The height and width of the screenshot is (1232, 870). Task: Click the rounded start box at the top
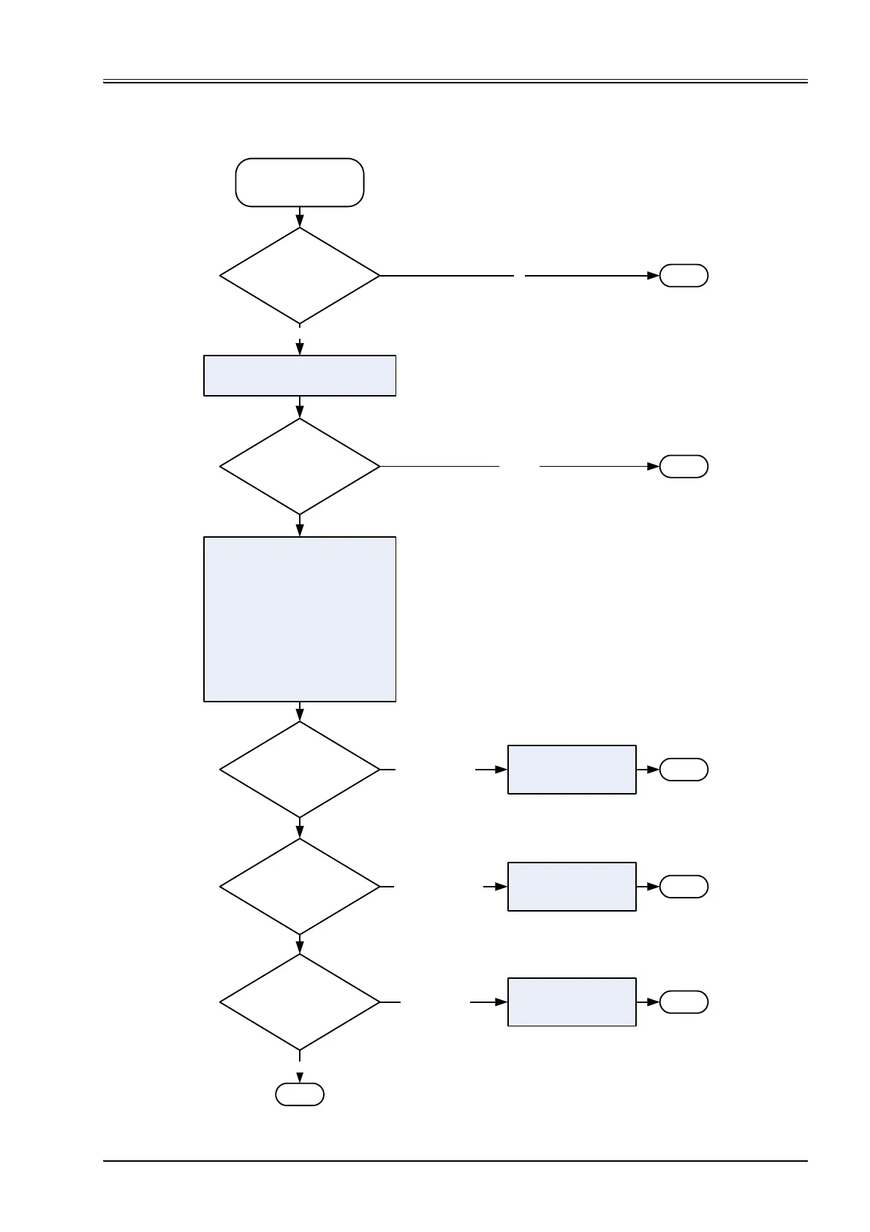point(299,182)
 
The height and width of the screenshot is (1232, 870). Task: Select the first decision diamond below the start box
point(299,276)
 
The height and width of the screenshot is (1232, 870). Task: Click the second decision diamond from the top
point(299,466)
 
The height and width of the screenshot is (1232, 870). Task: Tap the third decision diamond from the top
point(299,770)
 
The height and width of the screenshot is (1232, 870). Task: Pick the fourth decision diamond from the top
point(299,886)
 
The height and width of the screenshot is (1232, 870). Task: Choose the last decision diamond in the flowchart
point(299,1002)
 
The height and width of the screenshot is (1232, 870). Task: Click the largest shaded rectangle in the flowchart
point(299,619)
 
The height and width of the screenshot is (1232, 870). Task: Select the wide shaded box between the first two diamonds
point(299,375)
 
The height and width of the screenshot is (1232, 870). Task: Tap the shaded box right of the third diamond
point(572,770)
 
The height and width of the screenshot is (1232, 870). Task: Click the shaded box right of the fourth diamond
point(572,886)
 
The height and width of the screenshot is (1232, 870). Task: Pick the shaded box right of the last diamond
point(572,1002)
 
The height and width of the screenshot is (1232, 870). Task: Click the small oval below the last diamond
point(299,1094)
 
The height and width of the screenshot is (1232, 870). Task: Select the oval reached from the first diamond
point(684,276)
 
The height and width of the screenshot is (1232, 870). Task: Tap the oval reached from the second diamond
point(684,466)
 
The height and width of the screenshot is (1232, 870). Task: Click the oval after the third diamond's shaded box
point(684,770)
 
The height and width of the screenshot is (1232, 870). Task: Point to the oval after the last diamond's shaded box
point(684,1002)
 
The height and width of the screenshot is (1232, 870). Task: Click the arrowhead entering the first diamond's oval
point(654,276)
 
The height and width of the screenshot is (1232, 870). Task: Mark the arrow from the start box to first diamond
point(300,217)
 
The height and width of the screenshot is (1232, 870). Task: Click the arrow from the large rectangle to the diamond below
point(300,712)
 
